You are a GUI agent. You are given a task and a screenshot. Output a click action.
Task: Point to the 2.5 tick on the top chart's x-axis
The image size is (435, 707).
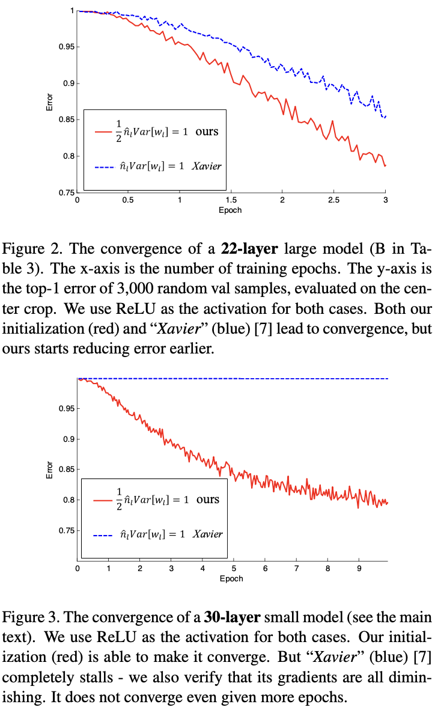(x=333, y=200)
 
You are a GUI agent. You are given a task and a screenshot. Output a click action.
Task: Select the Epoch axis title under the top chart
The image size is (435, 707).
(x=231, y=210)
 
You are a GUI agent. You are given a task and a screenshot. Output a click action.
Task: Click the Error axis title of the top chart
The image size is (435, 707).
(x=50, y=101)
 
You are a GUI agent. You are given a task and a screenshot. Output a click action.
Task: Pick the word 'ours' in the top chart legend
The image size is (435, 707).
(x=207, y=131)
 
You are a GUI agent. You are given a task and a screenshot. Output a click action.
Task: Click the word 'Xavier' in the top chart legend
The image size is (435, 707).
(x=207, y=165)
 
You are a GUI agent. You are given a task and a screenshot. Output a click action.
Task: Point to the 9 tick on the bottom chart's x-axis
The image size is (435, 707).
(x=359, y=568)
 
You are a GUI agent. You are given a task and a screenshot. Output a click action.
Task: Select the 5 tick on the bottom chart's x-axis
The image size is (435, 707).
(x=234, y=568)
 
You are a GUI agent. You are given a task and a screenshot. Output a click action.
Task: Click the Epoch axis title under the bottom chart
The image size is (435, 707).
(x=231, y=578)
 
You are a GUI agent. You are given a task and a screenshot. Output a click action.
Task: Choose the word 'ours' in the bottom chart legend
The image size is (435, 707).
(x=208, y=500)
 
